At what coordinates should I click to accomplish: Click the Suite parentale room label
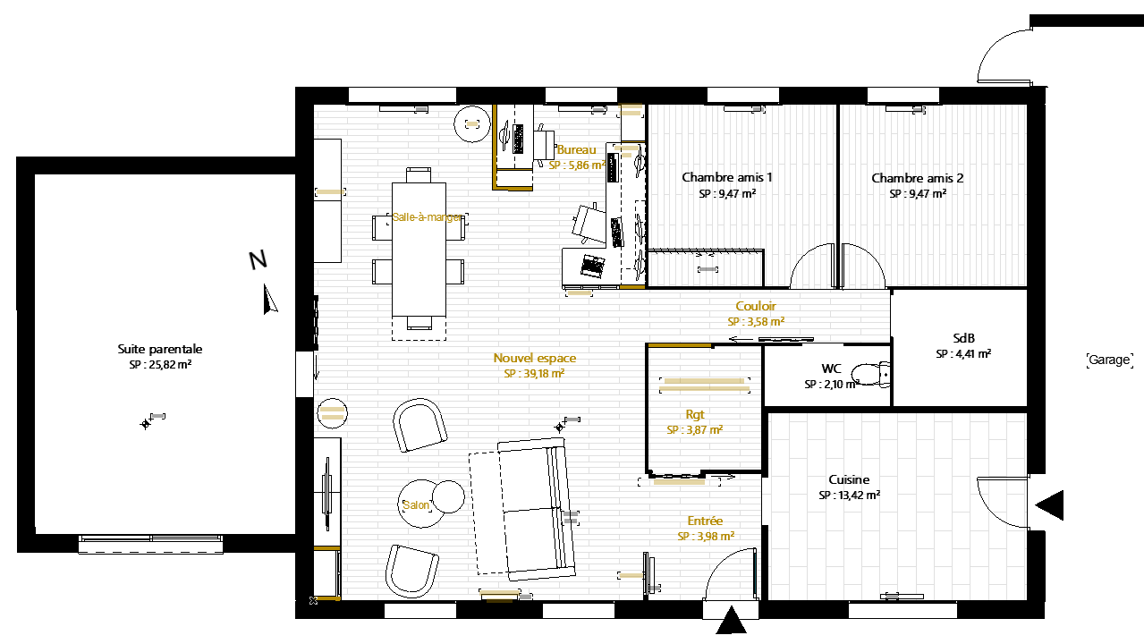coord(160,349)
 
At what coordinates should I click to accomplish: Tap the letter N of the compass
coord(258,260)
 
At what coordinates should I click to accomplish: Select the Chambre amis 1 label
coord(727,177)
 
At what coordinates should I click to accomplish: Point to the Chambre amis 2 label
coord(917,178)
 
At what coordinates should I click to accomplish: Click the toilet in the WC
coord(872,374)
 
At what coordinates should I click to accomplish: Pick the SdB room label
coord(963,338)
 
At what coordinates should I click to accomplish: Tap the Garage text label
coord(1109,360)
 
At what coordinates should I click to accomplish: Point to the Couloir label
coord(756,306)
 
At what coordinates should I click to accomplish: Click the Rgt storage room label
coord(695,414)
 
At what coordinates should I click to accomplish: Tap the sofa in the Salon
coord(522,509)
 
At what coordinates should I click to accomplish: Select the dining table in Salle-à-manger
coord(419,250)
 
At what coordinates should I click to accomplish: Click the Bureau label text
coord(577,149)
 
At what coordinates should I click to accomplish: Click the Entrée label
coord(705,521)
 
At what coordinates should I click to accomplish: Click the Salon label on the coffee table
coord(416,505)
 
